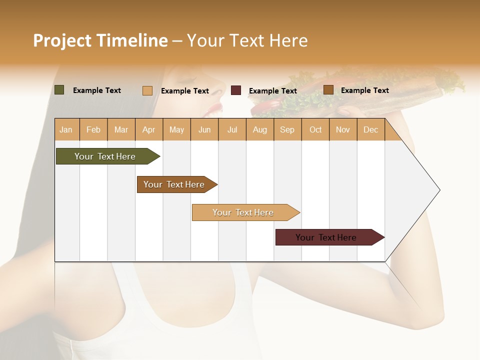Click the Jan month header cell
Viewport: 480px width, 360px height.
[66, 130]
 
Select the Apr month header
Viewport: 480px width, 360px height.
[149, 130]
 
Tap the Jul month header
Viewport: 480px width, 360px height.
[232, 130]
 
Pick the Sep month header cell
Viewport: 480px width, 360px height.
[287, 130]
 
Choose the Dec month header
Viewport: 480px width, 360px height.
[371, 130]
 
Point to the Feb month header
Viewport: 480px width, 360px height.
[93, 130]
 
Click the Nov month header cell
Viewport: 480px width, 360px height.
[343, 130]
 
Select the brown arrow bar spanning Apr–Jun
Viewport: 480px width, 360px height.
[175, 184]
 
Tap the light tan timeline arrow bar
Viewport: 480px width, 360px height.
[244, 212]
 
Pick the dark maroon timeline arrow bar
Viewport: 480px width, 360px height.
[327, 237]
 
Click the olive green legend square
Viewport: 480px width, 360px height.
[59, 90]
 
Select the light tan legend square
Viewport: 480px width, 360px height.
[147, 90]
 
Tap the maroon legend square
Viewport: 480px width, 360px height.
[236, 90]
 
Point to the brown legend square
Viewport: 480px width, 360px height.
[328, 90]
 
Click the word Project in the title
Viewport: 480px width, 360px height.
[62, 40]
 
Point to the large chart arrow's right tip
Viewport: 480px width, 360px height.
[438, 190]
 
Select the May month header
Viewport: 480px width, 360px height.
[176, 130]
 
